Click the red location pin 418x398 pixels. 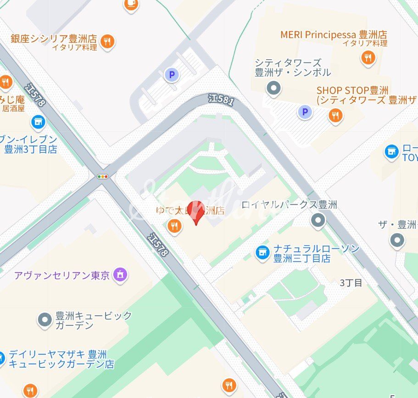coord(196,212)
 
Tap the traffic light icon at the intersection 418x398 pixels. coord(103,176)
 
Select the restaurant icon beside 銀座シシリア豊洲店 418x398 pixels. coord(107,42)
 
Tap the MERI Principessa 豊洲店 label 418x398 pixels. coord(334,35)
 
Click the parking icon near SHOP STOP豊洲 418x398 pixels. coord(304,112)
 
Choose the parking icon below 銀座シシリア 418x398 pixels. coord(172,74)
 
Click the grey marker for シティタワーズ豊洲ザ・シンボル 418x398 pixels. coord(274,87)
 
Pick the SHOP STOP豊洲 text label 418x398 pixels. coord(352,90)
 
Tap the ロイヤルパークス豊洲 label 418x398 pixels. coord(289,205)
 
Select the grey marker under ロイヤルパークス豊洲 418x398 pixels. coord(318,220)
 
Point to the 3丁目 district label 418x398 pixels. coord(351,283)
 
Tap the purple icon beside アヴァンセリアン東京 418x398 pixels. coord(121,275)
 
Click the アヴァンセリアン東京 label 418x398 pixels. coord(62,275)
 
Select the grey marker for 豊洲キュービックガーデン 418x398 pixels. coord(45,320)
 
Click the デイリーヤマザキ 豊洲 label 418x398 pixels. coord(58,354)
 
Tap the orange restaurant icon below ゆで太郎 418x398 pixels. coord(173,225)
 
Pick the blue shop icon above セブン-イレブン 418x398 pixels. coord(39,122)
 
